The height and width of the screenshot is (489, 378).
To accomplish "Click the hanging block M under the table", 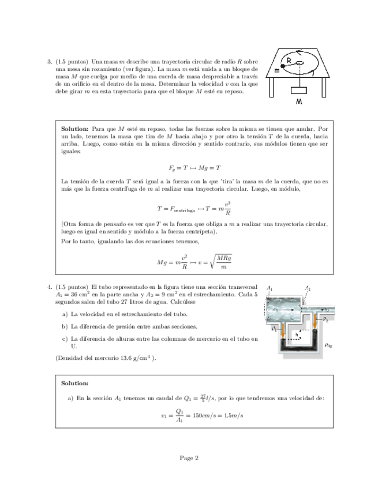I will pyautogui.click(x=298, y=90).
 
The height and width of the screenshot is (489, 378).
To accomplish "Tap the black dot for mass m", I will pyautogui.click(x=283, y=67).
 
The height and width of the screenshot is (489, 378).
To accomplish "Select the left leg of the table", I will pyautogui.click(x=272, y=87).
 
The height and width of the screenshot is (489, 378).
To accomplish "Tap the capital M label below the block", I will pyautogui.click(x=299, y=101).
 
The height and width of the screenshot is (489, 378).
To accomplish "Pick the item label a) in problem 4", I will pyautogui.click(x=64, y=314).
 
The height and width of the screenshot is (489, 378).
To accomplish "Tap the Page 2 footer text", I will pyautogui.click(x=189, y=458).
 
